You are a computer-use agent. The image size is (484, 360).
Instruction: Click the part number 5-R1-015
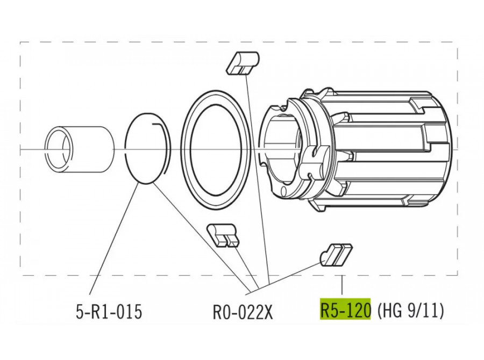pos(109,311)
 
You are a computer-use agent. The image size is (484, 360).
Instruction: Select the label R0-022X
pos(243,311)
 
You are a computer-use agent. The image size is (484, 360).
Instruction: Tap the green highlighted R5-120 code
pos(345,309)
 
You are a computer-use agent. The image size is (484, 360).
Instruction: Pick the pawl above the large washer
pos(243,63)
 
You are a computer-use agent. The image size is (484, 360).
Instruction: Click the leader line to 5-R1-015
pos(113,238)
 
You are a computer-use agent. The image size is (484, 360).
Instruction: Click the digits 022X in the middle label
pos(254,311)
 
